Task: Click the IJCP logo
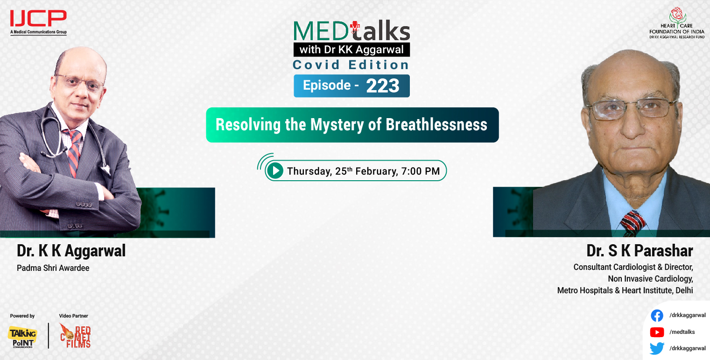38,19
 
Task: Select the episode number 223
383,86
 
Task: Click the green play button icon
275,171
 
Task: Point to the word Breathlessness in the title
436,125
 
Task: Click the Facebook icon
657,316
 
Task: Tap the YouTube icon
657,332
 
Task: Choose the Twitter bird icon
657,348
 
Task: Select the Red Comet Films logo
75,336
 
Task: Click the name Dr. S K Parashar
640,251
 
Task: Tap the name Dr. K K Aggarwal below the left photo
71,251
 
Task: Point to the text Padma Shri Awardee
53,268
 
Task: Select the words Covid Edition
351,65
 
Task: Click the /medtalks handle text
682,332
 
